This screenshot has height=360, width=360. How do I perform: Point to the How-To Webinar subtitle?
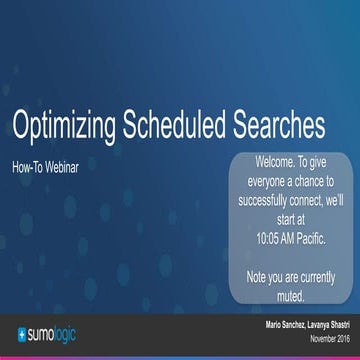coord(45,167)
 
